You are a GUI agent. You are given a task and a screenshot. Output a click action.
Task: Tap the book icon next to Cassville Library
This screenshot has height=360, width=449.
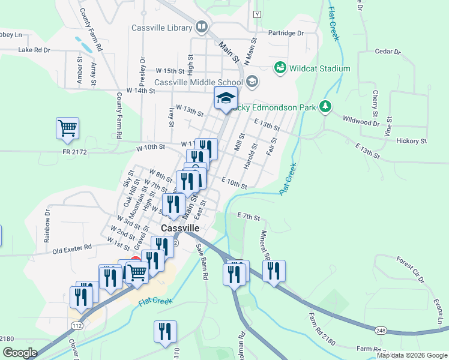201,27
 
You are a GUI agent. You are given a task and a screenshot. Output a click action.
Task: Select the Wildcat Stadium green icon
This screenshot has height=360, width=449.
280,68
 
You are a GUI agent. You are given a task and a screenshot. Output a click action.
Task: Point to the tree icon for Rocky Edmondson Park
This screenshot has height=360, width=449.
325,107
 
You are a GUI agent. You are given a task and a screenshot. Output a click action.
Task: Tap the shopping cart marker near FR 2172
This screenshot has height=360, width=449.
68,128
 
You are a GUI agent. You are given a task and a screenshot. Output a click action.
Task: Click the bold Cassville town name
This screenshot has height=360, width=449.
180,229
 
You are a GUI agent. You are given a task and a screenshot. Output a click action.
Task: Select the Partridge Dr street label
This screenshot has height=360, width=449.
286,33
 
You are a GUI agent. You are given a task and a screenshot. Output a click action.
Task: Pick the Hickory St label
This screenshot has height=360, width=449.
411,141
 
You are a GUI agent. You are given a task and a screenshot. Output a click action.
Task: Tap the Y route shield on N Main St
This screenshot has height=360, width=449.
258,14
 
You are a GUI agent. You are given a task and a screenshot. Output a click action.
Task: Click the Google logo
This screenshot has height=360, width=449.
20,353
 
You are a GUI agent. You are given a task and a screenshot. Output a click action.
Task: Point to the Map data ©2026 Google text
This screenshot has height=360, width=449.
412,355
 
